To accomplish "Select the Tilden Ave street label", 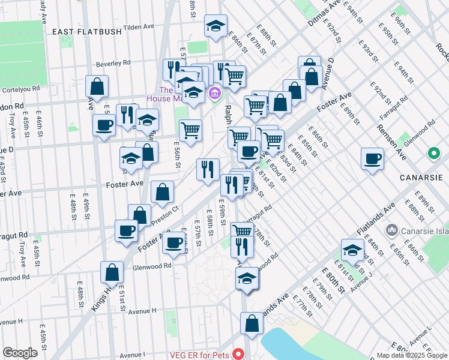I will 139,28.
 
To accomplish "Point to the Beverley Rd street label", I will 114,63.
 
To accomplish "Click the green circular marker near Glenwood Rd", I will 434,154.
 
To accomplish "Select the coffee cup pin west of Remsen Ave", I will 373,159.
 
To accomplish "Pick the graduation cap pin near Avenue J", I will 352,249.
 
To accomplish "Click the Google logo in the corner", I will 20,353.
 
